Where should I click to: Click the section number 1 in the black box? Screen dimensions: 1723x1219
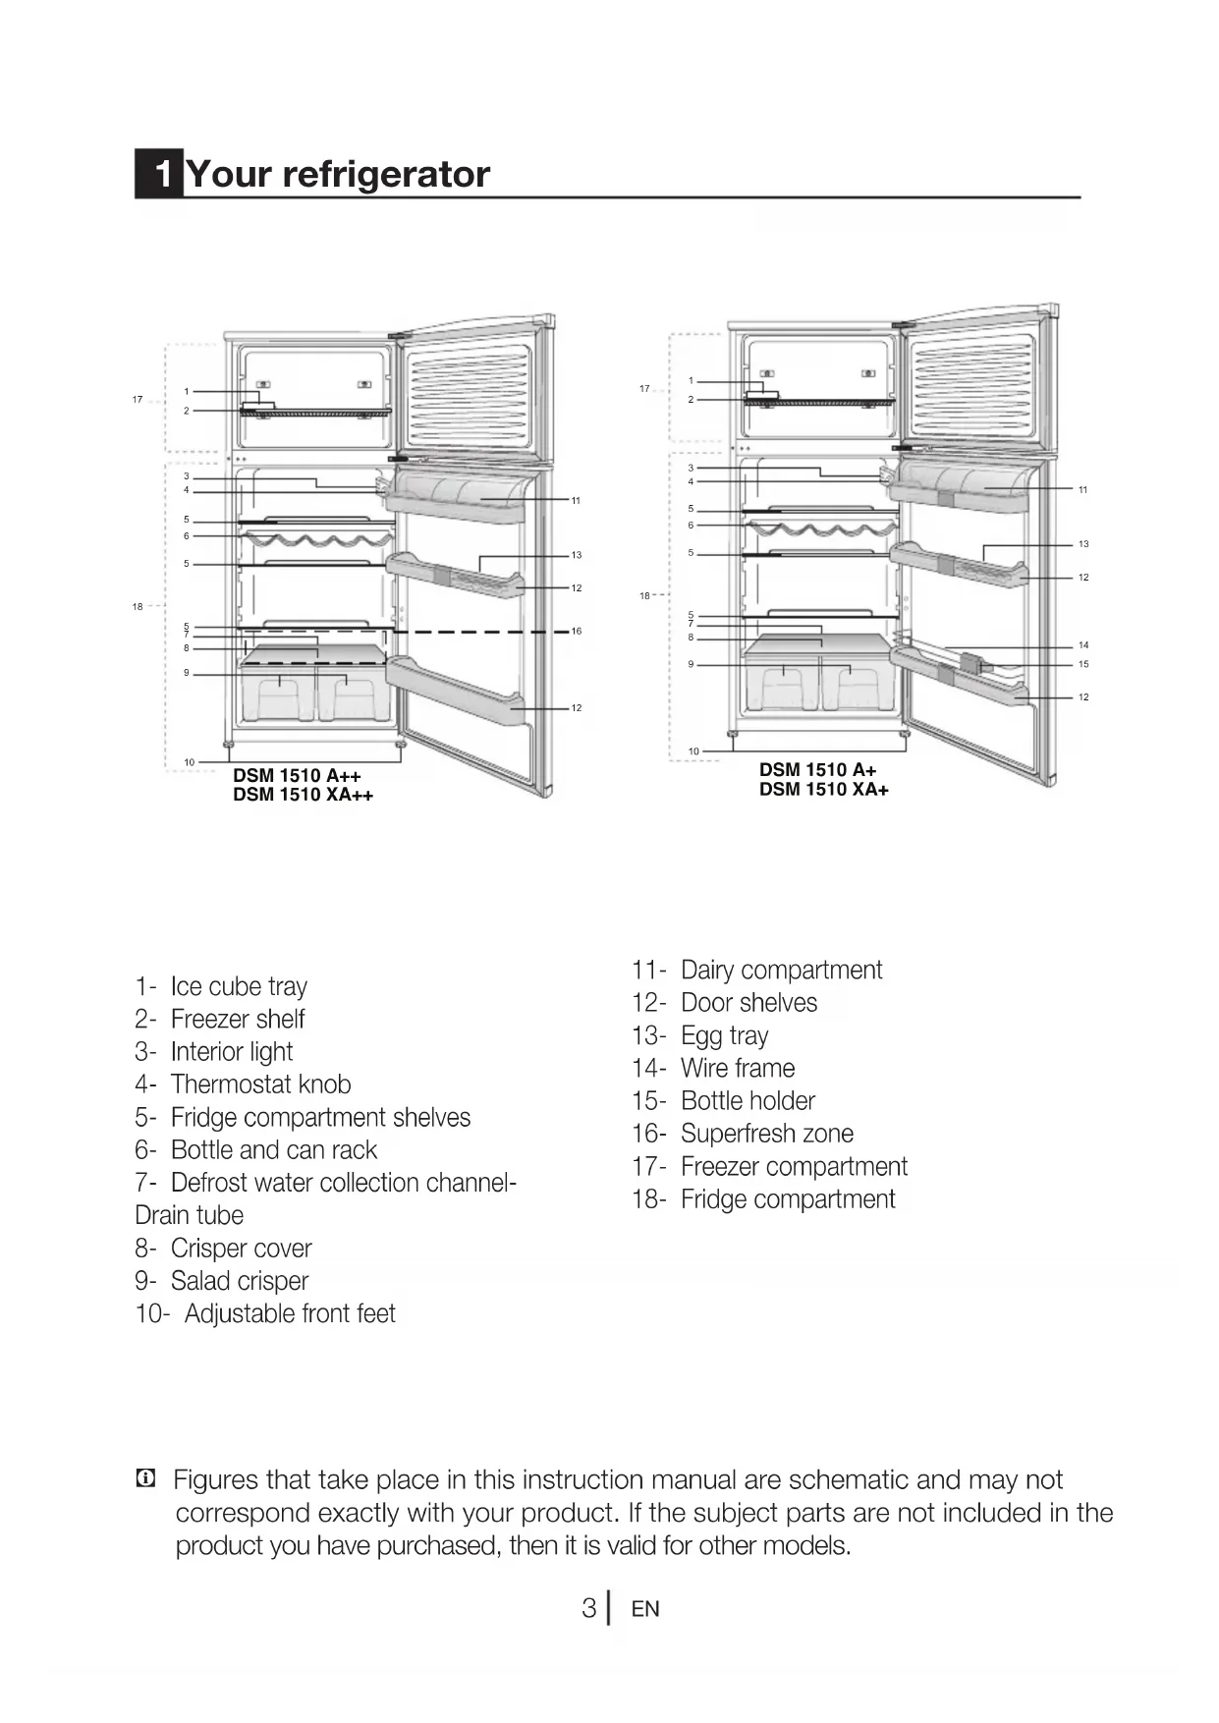(159, 174)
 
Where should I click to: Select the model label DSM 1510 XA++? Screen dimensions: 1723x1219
(303, 795)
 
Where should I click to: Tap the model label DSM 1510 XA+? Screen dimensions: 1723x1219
(823, 789)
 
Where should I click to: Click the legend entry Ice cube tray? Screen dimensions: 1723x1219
(239, 986)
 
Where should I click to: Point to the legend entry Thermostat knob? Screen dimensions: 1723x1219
(260, 1084)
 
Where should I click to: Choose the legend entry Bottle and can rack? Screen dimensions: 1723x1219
(273, 1150)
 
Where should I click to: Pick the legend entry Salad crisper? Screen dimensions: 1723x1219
(239, 1281)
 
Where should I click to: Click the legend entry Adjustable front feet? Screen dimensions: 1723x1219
(289, 1313)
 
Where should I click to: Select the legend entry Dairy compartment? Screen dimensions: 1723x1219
(781, 971)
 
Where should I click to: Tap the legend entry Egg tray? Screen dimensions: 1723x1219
(724, 1036)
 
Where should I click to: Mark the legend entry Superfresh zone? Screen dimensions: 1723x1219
(766, 1134)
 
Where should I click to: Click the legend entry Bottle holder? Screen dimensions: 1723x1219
(748, 1101)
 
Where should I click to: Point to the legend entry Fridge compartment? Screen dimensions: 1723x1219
(788, 1199)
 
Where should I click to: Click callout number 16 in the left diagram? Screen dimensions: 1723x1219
(577, 631)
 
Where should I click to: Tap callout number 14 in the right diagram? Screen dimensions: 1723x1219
(1083, 645)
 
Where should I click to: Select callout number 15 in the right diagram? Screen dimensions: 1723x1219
(1083, 664)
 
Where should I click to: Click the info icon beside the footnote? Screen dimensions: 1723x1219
(145, 1477)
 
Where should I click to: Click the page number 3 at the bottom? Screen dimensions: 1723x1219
(588, 1608)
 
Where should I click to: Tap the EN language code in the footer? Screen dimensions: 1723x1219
(645, 1609)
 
